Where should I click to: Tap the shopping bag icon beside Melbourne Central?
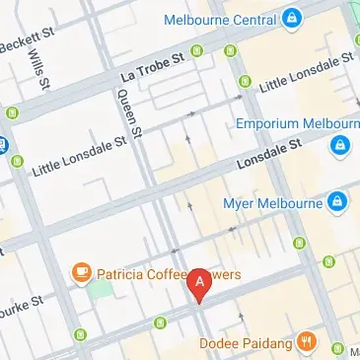point(292,18)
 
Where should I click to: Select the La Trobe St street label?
point(153,69)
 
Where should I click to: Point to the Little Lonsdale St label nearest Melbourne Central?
point(306,74)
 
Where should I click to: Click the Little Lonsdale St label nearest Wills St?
point(79,154)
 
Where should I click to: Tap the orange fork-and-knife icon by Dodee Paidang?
point(308,342)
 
